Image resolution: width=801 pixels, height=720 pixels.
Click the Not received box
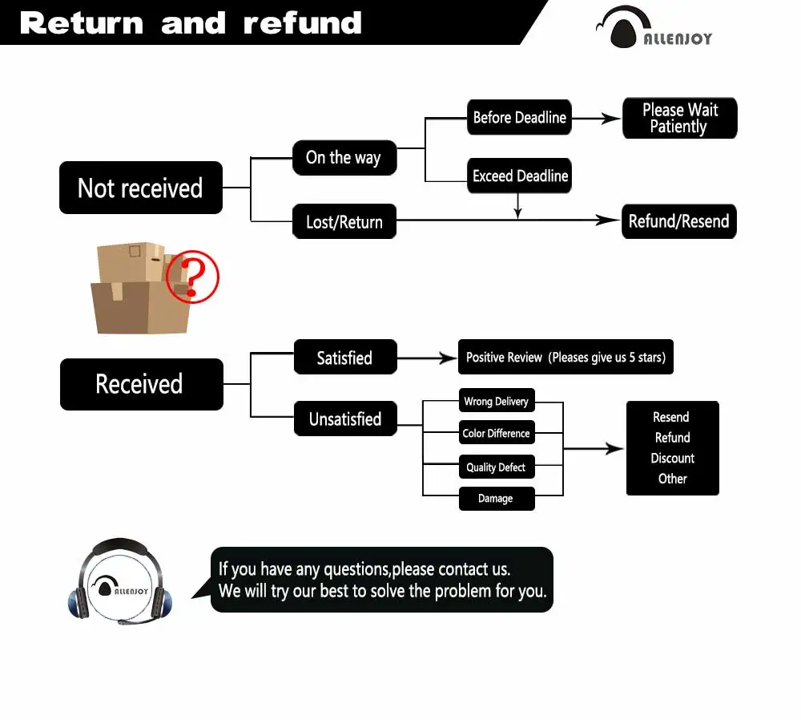[x=141, y=188]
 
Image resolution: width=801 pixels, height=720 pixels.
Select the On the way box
[x=344, y=157]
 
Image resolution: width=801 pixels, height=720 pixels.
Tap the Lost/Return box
[x=344, y=222]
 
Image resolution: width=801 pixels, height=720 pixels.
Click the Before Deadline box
[x=519, y=118]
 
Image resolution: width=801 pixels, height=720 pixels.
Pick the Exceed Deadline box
[x=520, y=176]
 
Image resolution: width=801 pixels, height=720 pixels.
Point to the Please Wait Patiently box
[x=679, y=119]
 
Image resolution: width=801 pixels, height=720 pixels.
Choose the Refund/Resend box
[x=678, y=222]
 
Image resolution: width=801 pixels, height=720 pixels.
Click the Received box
[x=141, y=384]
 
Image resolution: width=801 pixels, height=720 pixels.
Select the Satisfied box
[x=344, y=358]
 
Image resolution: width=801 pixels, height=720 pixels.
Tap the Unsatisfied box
[x=345, y=419]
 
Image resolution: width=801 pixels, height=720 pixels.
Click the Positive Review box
[x=566, y=358]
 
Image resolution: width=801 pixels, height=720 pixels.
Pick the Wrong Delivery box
[x=496, y=401]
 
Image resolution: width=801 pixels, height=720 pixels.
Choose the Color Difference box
[x=496, y=433]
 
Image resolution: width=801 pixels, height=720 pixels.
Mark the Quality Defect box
[x=496, y=467]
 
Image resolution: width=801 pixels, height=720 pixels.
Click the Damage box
[x=496, y=499]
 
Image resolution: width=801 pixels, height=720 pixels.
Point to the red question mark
[x=191, y=277]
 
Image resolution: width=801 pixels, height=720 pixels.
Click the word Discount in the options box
[x=672, y=459]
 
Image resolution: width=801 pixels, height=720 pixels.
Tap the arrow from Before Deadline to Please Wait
[x=596, y=119]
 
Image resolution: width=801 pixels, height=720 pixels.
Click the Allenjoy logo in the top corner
[x=654, y=29]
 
